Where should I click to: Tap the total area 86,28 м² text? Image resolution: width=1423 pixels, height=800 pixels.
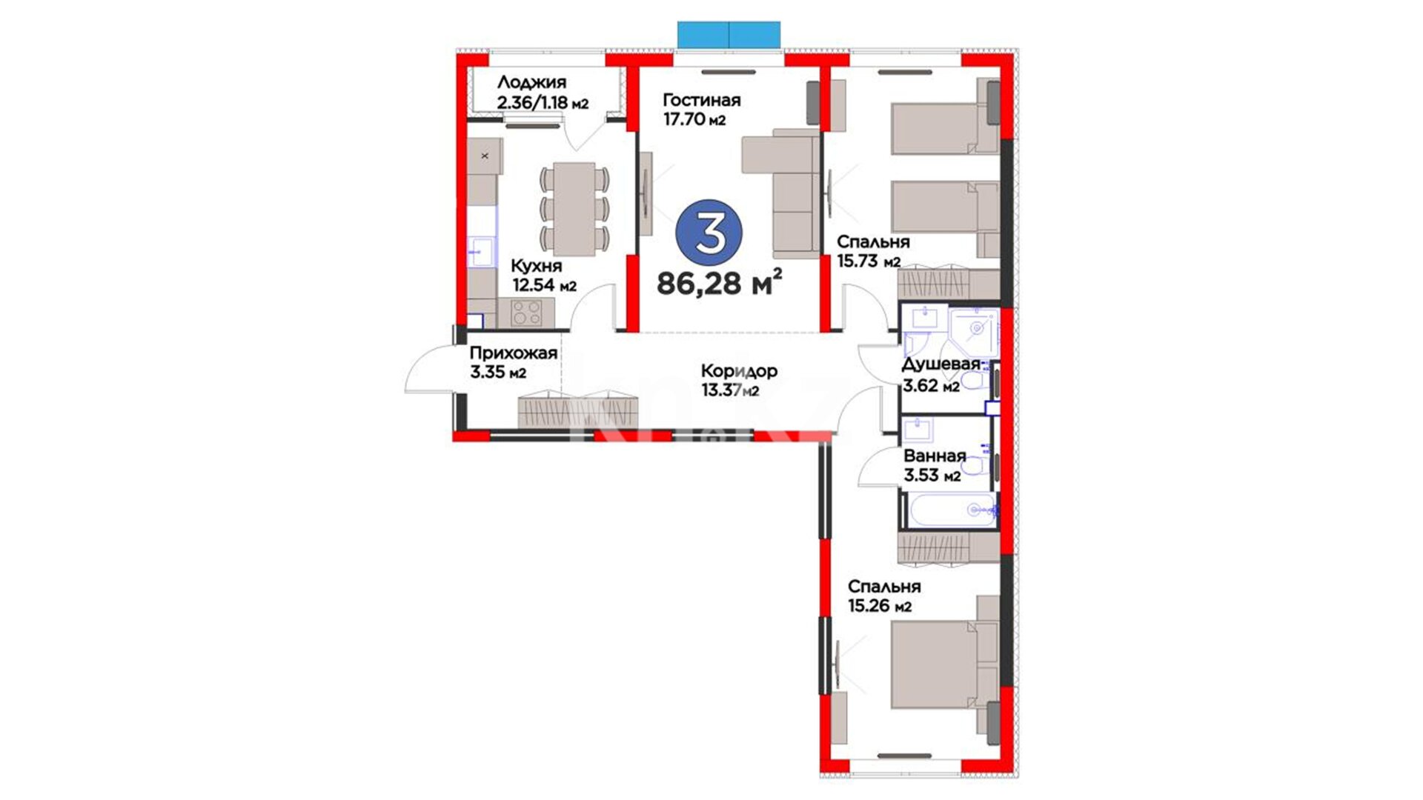coord(719,282)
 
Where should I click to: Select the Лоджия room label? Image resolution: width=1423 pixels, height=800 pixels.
coord(531,83)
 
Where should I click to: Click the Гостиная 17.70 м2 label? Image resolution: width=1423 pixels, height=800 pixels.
coord(701,109)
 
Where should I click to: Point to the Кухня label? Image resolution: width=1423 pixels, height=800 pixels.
coord(537,266)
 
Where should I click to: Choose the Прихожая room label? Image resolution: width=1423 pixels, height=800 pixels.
coord(513,354)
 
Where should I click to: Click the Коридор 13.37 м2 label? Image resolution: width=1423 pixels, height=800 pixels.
coord(739,380)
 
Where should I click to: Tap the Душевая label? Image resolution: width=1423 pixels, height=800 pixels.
coord(941,364)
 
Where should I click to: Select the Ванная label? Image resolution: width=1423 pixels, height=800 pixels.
coord(935,456)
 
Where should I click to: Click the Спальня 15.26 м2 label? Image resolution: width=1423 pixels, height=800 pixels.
coord(884,596)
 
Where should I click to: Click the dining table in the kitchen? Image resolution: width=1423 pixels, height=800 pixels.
coord(574,209)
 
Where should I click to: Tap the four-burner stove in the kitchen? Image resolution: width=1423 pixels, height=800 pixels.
coord(526,313)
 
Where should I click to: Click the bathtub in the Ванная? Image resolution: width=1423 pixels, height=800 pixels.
coord(949,511)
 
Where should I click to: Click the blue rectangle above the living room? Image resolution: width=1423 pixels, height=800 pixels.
coord(729,35)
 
